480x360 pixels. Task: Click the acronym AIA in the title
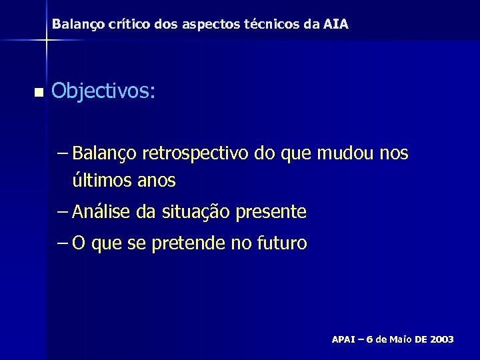[x=336, y=25]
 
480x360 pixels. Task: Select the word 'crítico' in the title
[x=117, y=25]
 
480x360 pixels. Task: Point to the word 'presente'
[x=273, y=213]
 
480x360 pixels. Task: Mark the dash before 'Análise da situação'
[x=63, y=213]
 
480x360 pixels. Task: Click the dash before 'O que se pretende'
[x=63, y=244]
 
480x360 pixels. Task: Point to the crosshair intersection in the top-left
[x=45, y=40]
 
